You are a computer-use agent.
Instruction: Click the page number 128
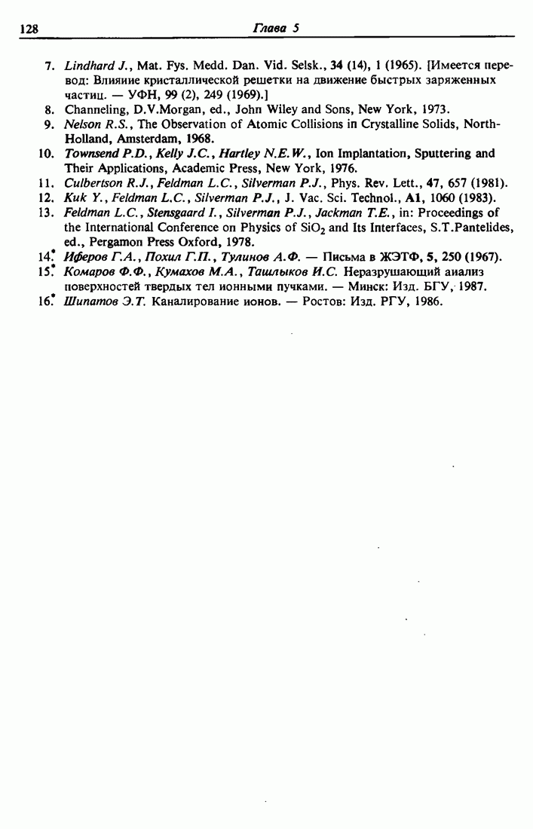point(29,29)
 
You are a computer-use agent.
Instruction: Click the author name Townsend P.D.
point(99,154)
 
